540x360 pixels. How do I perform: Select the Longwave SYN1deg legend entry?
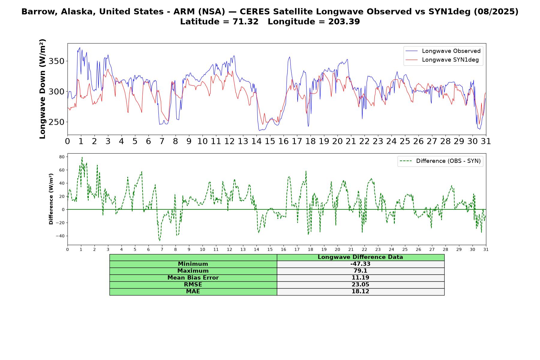click(x=442, y=60)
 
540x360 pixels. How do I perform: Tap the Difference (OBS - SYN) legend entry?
click(x=440, y=161)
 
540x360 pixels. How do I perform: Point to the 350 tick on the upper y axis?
click(x=57, y=61)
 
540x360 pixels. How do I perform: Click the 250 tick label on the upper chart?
click(x=57, y=122)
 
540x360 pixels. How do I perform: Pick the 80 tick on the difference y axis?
click(x=62, y=157)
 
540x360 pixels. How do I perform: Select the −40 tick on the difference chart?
click(x=60, y=236)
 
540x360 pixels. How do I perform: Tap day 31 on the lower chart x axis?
click(x=486, y=250)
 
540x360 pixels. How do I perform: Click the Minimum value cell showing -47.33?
click(x=360, y=264)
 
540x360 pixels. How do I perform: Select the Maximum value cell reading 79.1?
click(x=360, y=271)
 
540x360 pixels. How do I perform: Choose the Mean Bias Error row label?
click(x=193, y=278)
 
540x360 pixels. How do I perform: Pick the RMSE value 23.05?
click(x=360, y=285)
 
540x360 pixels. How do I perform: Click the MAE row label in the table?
click(x=193, y=292)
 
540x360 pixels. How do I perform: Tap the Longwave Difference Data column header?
click(x=360, y=257)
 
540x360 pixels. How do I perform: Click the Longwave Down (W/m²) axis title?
click(x=43, y=89)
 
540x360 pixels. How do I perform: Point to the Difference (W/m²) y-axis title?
click(x=51, y=199)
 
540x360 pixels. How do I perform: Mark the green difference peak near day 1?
click(x=82, y=157)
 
